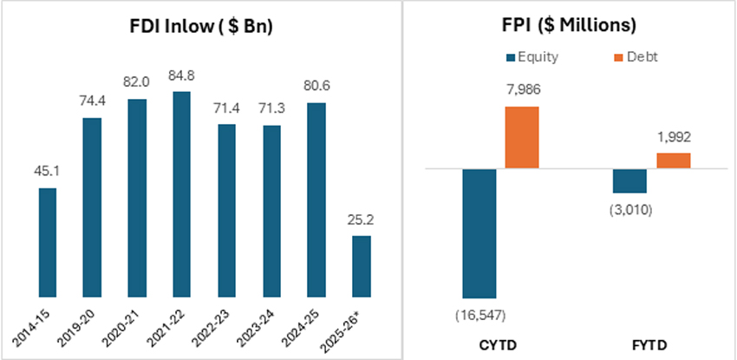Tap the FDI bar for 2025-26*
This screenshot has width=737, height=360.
(x=362, y=266)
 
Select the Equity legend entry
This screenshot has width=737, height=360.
(x=533, y=57)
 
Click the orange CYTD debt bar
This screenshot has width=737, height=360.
(x=521, y=138)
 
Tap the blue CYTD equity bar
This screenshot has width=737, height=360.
(x=479, y=233)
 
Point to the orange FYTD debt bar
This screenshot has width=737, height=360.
(x=673, y=160)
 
